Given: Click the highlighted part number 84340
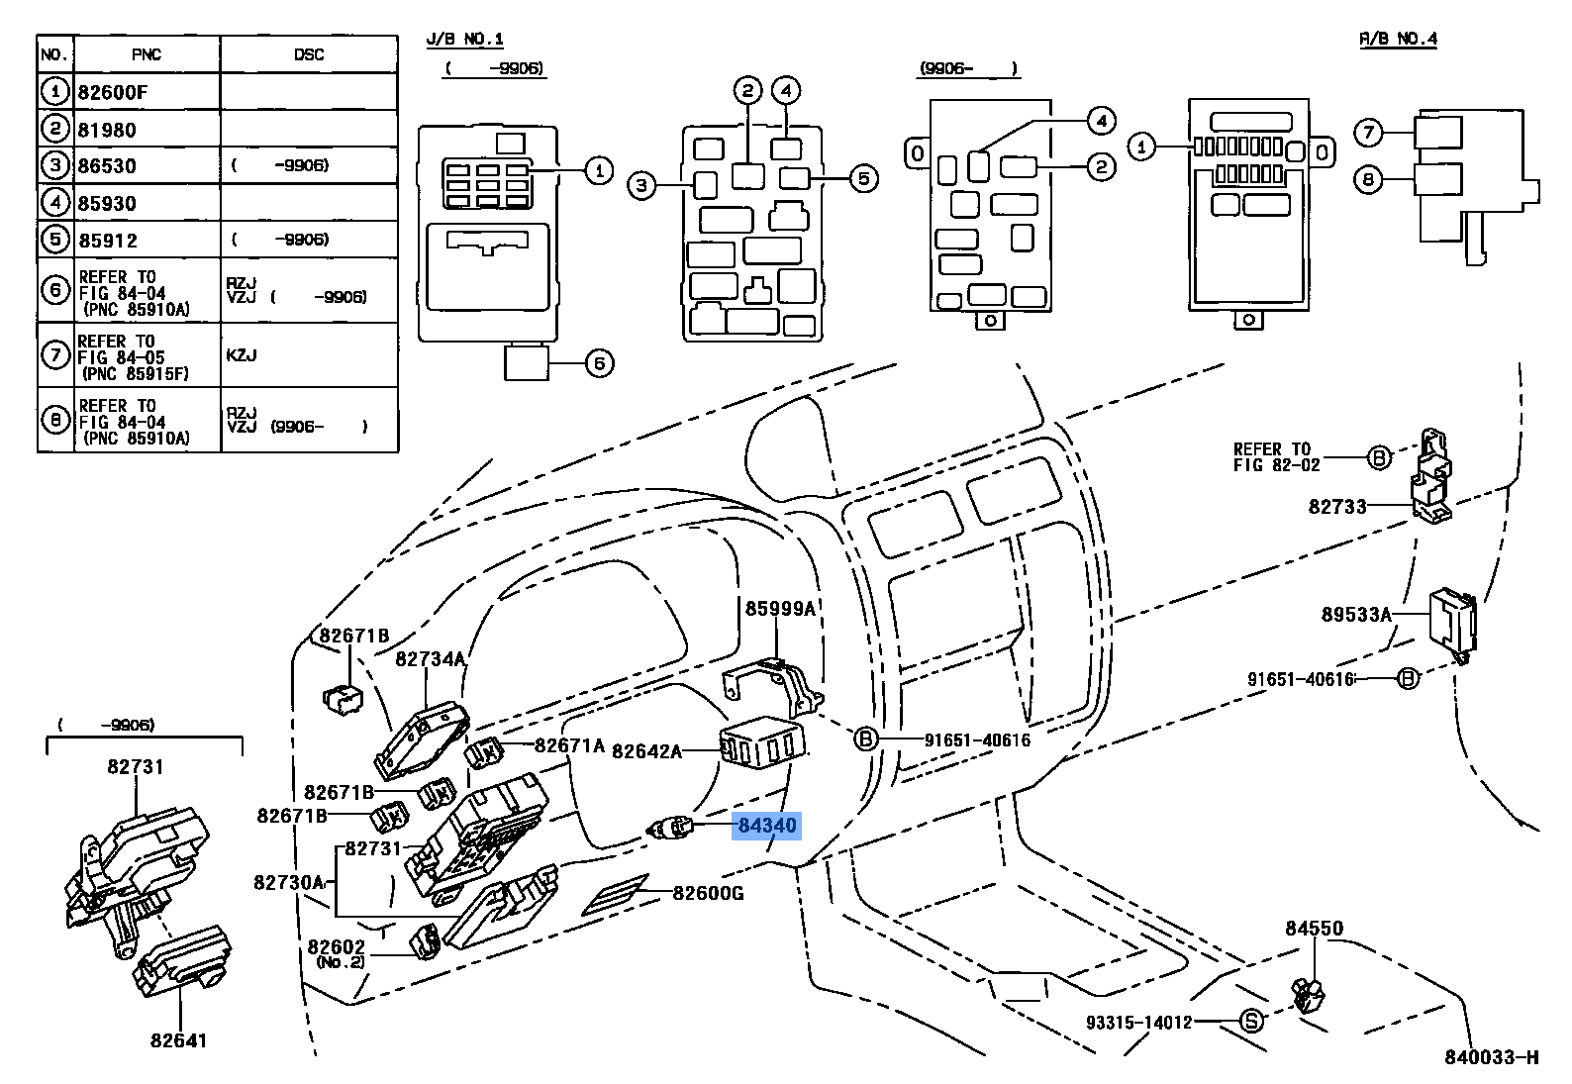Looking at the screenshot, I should pyautogui.click(x=766, y=825).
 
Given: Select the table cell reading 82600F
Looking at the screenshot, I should pyautogui.click(x=113, y=93).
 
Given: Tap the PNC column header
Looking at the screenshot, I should pyautogui.click(x=146, y=54).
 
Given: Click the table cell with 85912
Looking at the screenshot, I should pyautogui.click(x=108, y=241).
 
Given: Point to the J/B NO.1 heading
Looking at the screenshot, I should pyautogui.click(x=464, y=40).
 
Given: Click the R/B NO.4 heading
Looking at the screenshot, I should pyautogui.click(x=1397, y=39).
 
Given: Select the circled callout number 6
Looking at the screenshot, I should pyautogui.click(x=599, y=363).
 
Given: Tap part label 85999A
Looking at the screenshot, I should pyautogui.click(x=780, y=609).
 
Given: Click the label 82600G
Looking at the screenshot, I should pyautogui.click(x=708, y=893).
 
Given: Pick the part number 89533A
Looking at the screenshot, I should pyautogui.click(x=1355, y=615).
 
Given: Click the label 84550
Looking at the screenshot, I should pyautogui.click(x=1314, y=929).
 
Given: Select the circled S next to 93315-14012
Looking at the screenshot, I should pyautogui.click(x=1252, y=1021).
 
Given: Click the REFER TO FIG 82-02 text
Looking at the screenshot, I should pyautogui.click(x=1276, y=457).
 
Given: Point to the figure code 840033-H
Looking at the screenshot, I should pyautogui.click(x=1491, y=1057).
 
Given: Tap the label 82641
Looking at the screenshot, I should pyautogui.click(x=179, y=1040).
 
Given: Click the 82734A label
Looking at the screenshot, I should pyautogui.click(x=430, y=659).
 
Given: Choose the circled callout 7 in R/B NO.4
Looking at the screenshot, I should pyautogui.click(x=1368, y=132).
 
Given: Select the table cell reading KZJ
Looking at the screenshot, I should pyautogui.click(x=242, y=355).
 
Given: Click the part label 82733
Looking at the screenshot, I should pyautogui.click(x=1336, y=507).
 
